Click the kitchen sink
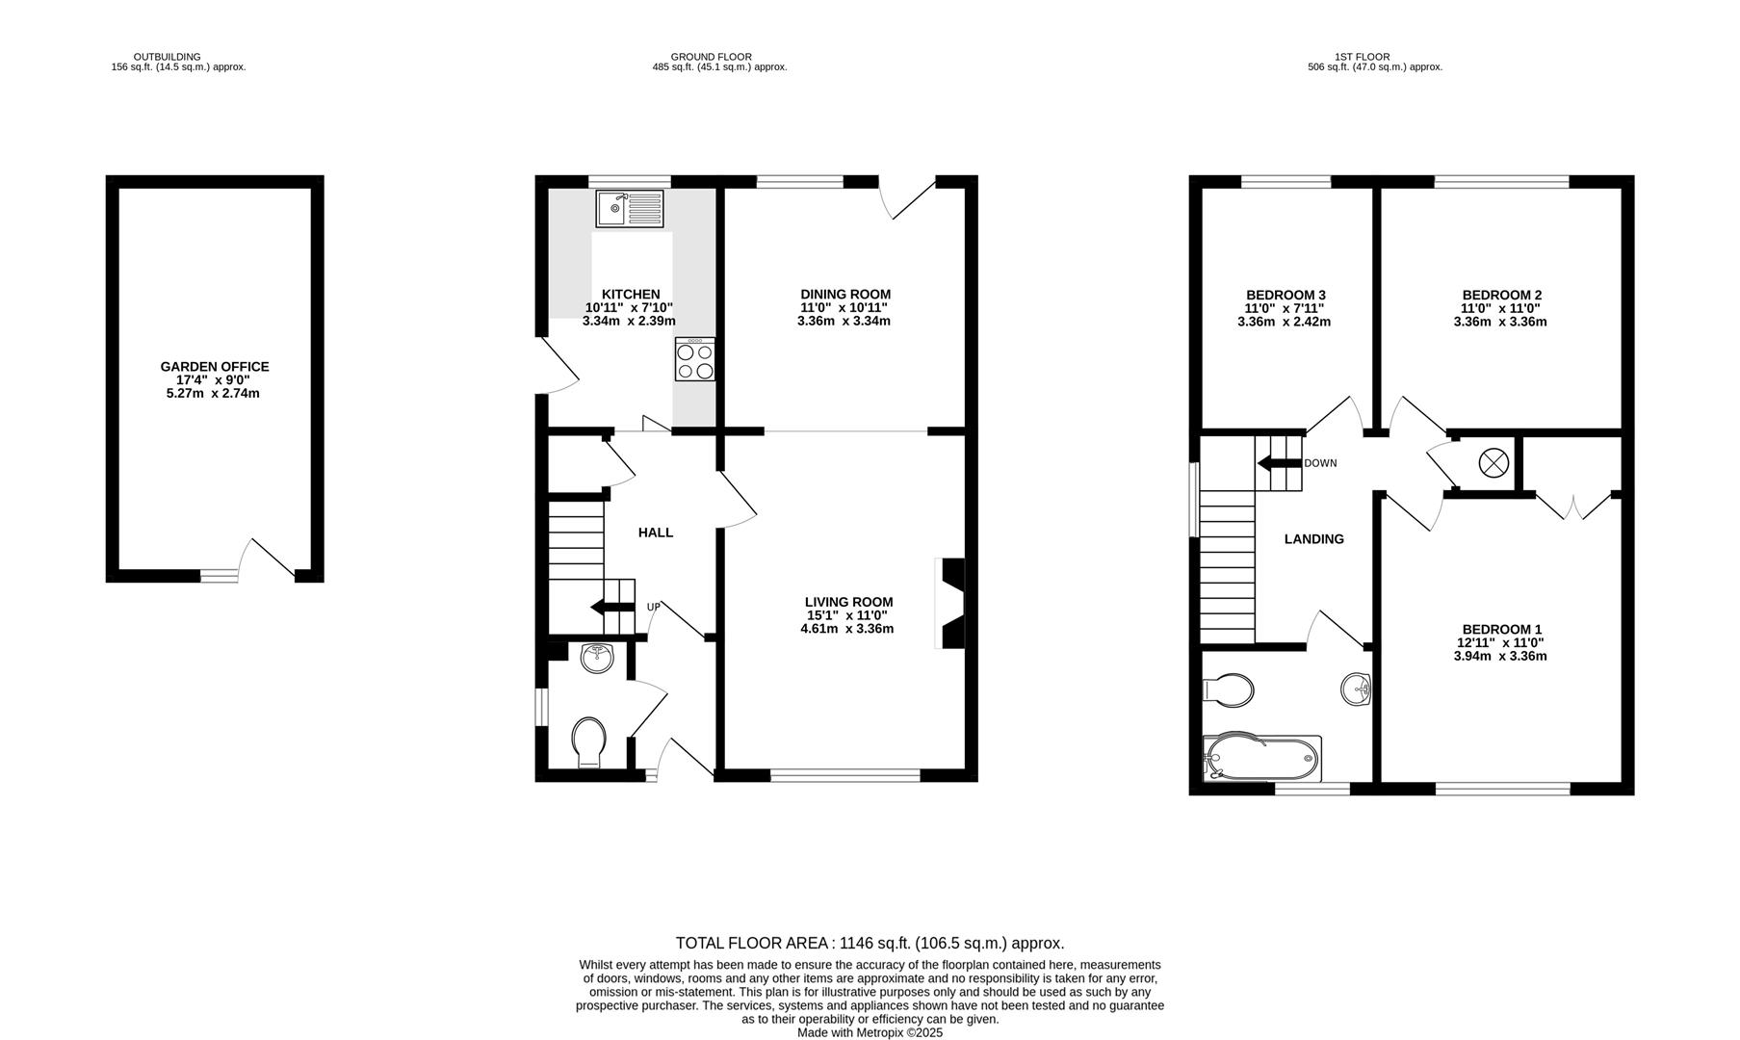[x=630, y=209]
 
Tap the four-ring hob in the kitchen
[x=695, y=359]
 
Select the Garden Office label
[x=215, y=367]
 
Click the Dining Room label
[x=845, y=295]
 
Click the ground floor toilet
[x=588, y=743]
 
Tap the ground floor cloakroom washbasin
[x=598, y=659]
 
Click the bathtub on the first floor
[x=1262, y=759]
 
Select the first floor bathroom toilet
[x=1229, y=690]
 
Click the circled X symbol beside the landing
[x=1493, y=463]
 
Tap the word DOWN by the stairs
[x=1320, y=463]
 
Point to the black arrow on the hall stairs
[x=611, y=607]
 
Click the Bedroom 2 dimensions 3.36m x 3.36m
[x=1500, y=322]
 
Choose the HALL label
[x=656, y=533]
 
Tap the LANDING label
[x=1313, y=539]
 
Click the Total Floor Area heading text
[x=870, y=944]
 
